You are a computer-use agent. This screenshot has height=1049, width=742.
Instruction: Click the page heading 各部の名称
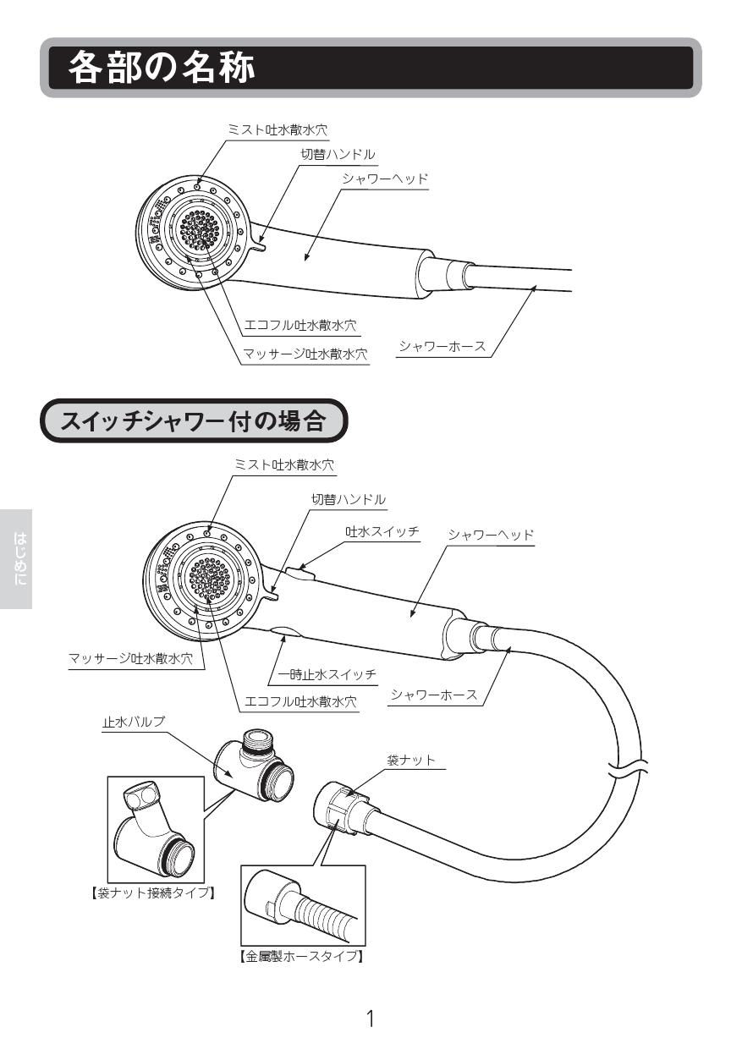(x=162, y=68)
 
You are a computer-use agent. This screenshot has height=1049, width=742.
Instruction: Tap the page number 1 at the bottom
(x=370, y=1018)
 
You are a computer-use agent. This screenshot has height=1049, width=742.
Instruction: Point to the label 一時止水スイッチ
(x=327, y=674)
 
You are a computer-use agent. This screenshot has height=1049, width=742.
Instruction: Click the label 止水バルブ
(x=133, y=722)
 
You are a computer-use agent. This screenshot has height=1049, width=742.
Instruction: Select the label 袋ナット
(x=411, y=760)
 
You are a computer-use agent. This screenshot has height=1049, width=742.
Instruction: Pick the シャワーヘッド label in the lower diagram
(x=491, y=535)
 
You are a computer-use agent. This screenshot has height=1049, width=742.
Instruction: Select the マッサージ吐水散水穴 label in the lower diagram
(x=130, y=660)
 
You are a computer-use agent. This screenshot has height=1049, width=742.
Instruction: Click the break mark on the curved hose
(x=627, y=769)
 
